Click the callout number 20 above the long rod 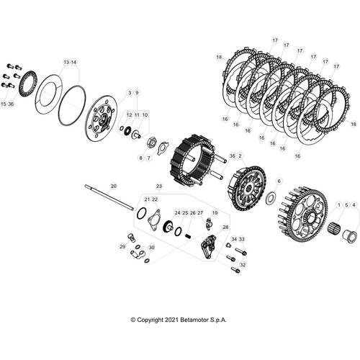(x=114, y=186)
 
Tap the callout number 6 (x=279, y=181)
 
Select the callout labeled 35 (x=233, y=156)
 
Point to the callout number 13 (x=66, y=62)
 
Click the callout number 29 (x=122, y=246)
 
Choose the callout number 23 (x=159, y=186)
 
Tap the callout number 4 (x=354, y=205)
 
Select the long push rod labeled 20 (x=109, y=197)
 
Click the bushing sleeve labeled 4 (x=348, y=236)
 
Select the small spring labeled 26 (x=188, y=236)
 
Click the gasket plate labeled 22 (x=154, y=220)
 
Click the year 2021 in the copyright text (x=171, y=320)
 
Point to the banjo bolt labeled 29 (x=132, y=237)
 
